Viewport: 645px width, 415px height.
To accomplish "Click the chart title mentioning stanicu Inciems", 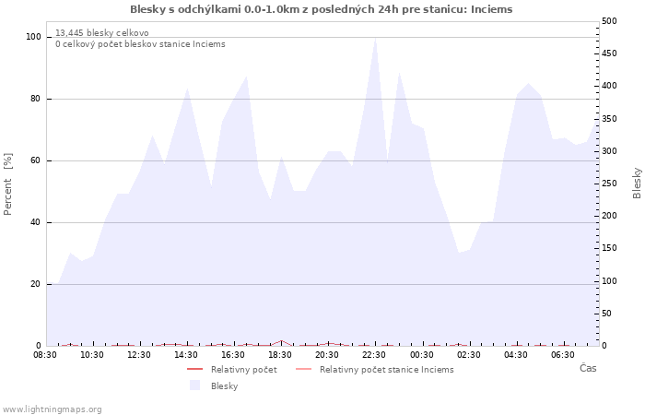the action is click(322, 9).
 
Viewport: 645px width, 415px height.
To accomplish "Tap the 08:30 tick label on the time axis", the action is click(45, 355).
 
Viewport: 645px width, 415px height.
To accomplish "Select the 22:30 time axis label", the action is click(374, 355).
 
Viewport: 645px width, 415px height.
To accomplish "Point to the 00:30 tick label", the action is click(422, 355).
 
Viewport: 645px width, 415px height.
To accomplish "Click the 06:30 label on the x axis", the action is click(563, 355).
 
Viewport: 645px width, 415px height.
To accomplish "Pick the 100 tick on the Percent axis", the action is click(33, 37).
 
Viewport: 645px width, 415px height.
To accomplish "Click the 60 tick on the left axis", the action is click(36, 160).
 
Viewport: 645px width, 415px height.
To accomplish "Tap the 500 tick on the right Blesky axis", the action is click(609, 21).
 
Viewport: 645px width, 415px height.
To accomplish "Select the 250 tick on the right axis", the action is click(609, 184).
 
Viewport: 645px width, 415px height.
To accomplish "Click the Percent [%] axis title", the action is click(7, 184).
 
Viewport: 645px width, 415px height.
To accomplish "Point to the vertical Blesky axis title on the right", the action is click(637, 184).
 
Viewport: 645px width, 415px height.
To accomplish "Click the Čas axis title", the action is click(588, 368).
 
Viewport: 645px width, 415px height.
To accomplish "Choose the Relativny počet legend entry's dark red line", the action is click(195, 369).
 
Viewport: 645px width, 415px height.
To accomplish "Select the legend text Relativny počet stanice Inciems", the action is click(387, 370).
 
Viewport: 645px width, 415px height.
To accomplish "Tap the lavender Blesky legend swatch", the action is click(194, 385).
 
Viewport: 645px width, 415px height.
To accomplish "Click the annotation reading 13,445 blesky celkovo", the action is click(102, 33).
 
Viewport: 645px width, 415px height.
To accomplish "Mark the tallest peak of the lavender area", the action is click(375, 38).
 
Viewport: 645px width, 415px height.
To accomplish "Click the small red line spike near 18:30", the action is click(281, 341).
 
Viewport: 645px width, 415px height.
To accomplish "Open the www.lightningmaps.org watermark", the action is click(52, 409).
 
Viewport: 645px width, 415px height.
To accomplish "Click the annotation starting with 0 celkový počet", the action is click(140, 44).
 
